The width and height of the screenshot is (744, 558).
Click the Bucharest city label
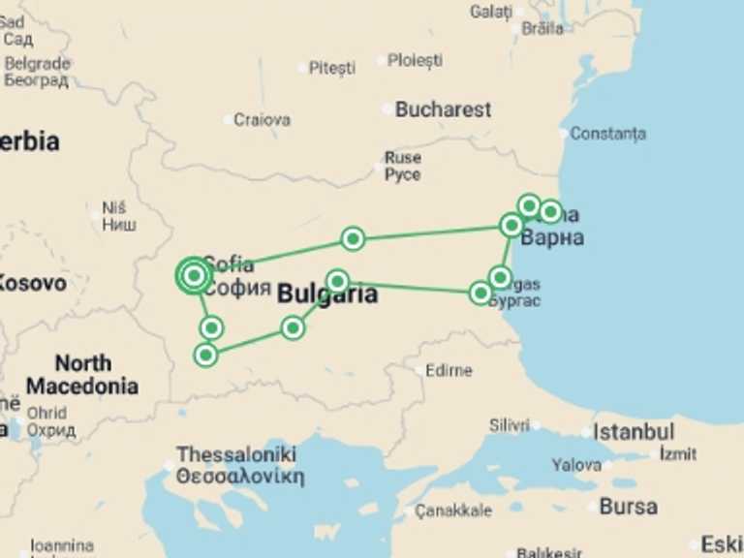pos(443,109)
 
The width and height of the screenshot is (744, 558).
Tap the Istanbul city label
pos(634,431)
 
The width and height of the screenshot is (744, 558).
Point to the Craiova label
pos(262,120)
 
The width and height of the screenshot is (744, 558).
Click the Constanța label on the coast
pos(607,134)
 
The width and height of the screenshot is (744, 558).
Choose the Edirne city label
pos(449,370)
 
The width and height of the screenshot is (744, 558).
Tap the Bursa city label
pos(628,506)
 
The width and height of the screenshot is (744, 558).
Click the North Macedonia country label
pos(82,375)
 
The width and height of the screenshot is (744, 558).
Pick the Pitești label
pos(331,68)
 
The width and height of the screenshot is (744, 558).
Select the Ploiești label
pos(415,60)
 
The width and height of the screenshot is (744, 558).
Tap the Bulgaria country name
pos(327,295)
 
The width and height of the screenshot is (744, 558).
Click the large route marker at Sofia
pos(194,276)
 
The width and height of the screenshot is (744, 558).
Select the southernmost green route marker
pos(205,355)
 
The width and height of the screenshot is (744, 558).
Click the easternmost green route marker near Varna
pos(550,211)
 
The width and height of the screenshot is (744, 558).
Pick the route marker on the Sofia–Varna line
pos(353,238)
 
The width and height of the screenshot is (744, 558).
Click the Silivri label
pos(510,425)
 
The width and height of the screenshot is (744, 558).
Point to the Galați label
pos(491,12)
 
